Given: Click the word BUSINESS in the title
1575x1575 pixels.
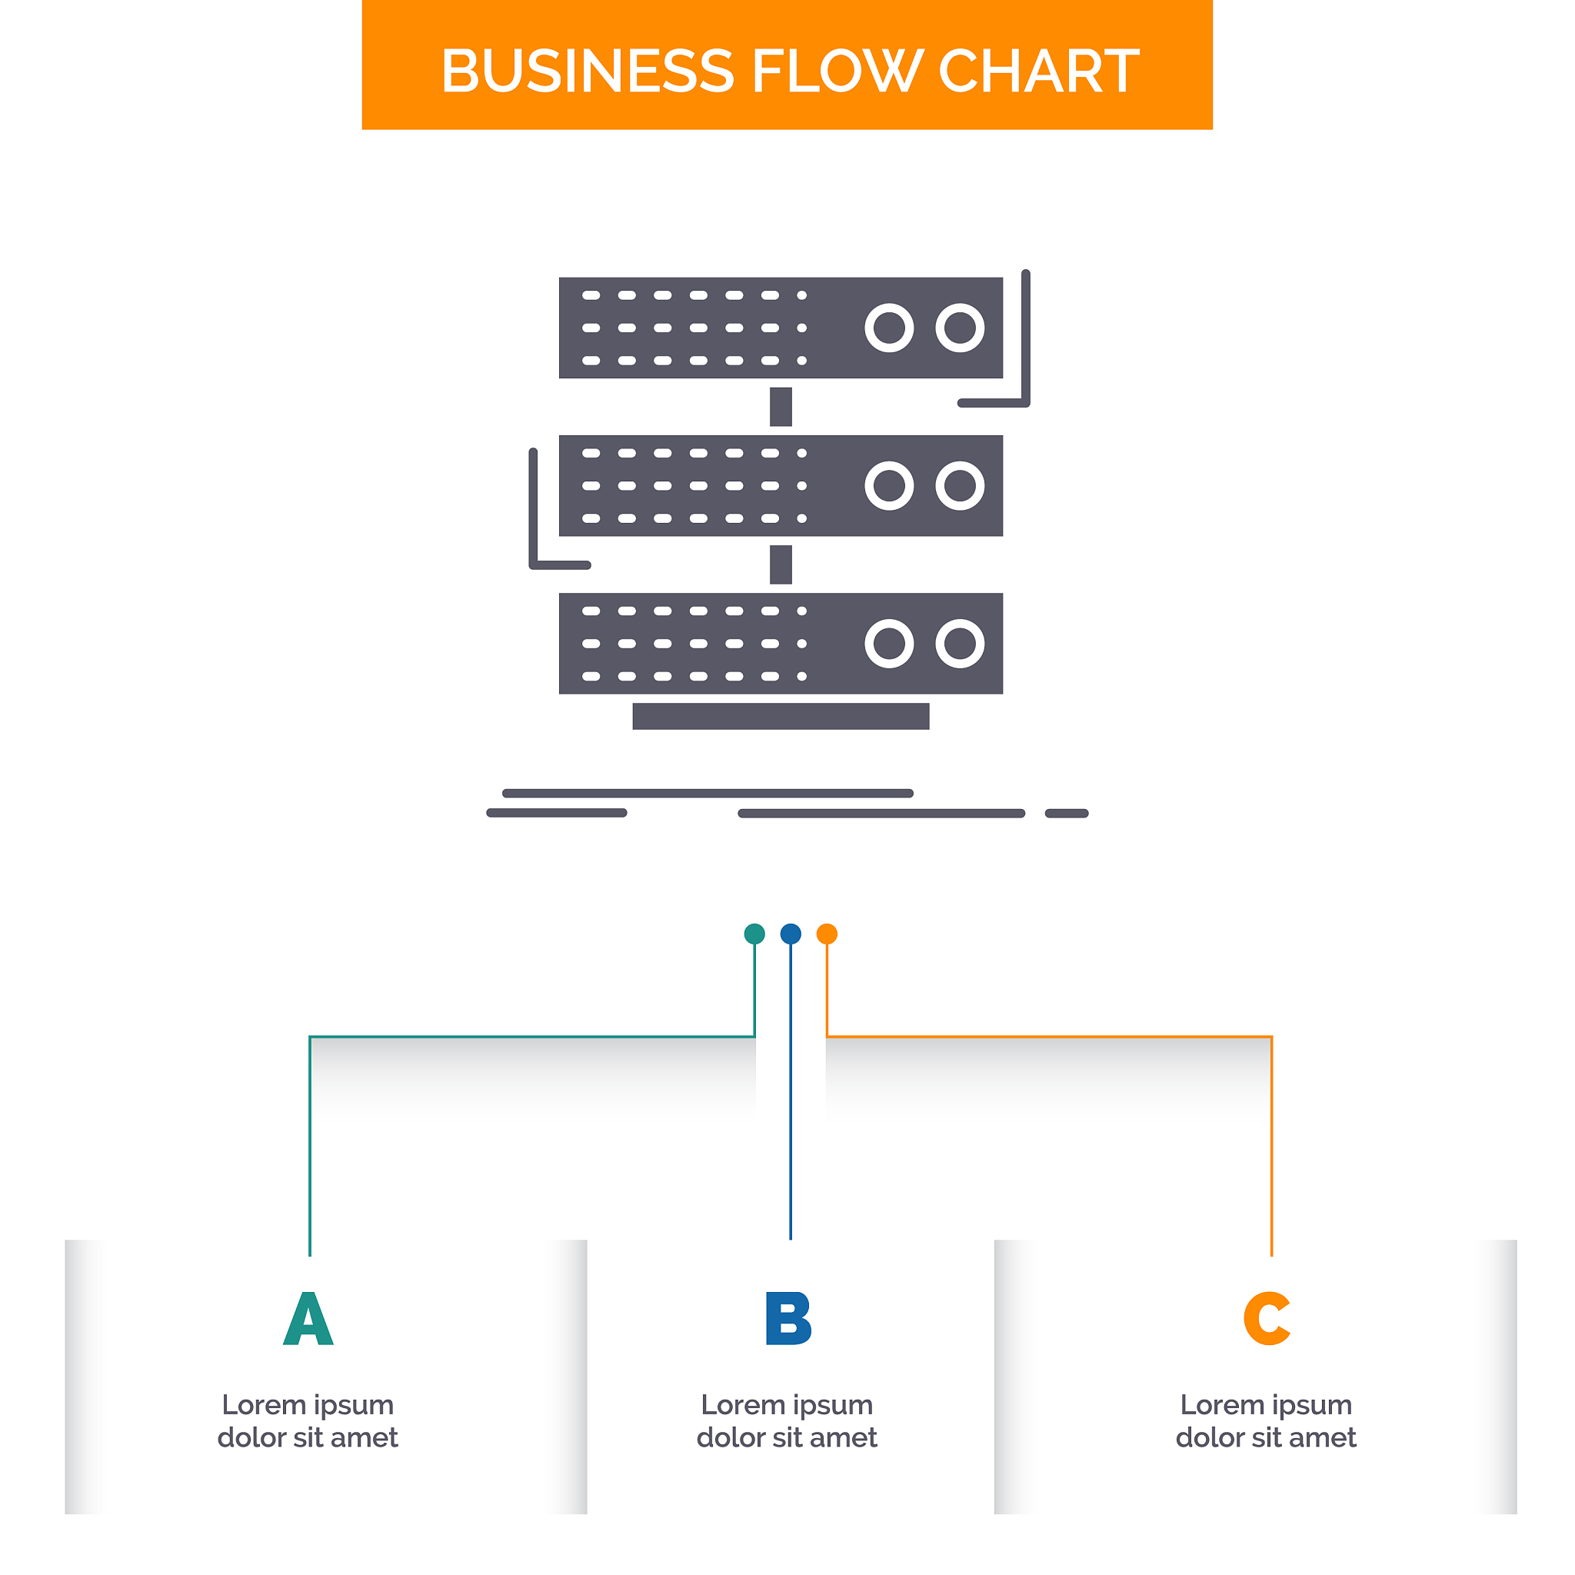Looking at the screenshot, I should [587, 71].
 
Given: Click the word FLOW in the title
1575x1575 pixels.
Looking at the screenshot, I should [837, 71].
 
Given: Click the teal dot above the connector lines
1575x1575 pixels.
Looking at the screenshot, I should [755, 934].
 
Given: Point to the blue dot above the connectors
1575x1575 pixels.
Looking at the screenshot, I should [791, 934].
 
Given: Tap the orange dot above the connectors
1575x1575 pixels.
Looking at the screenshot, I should [827, 934].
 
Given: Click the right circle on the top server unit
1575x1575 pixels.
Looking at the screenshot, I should [961, 328].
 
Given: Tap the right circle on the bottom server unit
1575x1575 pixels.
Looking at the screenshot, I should [961, 644].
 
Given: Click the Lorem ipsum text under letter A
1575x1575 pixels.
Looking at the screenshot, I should [308, 1421].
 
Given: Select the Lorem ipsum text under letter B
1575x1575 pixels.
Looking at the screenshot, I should [787, 1421].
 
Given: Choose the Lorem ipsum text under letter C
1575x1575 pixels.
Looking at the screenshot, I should [1266, 1421].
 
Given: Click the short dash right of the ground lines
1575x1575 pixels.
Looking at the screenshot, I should [1067, 814].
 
